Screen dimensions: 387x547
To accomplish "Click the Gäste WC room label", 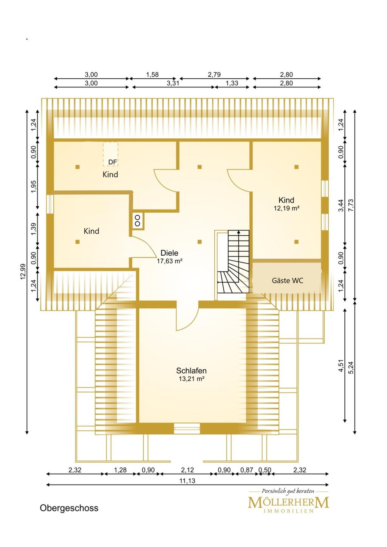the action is (288, 281).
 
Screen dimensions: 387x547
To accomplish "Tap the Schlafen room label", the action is (191, 371).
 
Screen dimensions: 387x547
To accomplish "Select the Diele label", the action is (169, 253).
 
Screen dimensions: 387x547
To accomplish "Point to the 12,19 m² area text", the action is (286, 208).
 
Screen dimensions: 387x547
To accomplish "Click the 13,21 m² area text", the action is (191, 379).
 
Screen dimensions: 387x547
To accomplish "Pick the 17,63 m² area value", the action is (170, 261).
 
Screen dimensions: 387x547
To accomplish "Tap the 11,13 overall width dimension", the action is (187, 481).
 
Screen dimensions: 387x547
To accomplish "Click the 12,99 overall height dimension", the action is (23, 272).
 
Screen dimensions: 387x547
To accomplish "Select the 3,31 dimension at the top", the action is (173, 83).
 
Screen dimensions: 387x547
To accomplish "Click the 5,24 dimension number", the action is (351, 368).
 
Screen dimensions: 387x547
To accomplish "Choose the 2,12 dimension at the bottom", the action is (187, 470).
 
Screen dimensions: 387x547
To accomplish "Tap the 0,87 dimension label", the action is (247, 470).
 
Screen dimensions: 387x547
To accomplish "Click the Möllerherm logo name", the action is (288, 503).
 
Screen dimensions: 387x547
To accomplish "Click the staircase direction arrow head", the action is (238, 232).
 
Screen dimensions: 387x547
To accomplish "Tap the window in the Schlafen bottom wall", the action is (187, 429).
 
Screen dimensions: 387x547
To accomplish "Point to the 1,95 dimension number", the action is (33, 186).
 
